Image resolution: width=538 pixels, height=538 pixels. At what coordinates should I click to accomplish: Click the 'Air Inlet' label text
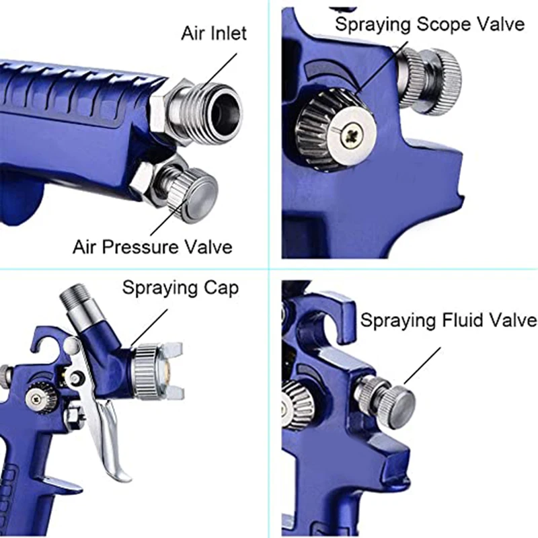[x=214, y=33]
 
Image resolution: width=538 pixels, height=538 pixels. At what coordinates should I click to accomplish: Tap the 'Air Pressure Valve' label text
[x=153, y=246]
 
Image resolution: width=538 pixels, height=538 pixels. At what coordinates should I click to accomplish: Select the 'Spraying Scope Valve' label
[x=430, y=25]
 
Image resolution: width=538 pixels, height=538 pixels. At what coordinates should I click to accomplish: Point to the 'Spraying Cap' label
[x=180, y=288]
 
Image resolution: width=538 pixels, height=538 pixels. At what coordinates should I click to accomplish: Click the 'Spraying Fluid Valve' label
[x=449, y=319]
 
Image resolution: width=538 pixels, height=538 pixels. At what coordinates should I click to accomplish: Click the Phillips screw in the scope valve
[x=350, y=135]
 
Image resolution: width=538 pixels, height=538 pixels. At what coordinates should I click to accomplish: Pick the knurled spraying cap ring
[x=145, y=371]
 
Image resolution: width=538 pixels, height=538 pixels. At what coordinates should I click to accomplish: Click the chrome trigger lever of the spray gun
[x=114, y=437]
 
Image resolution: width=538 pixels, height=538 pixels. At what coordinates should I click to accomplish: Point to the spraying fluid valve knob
[x=393, y=399]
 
